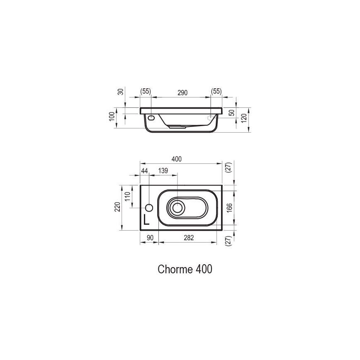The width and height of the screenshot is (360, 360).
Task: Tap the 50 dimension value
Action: (232, 112)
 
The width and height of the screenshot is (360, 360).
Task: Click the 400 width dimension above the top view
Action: (177, 159)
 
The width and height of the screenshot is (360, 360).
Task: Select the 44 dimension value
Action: (144, 170)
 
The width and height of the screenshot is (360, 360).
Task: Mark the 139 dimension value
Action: (163, 170)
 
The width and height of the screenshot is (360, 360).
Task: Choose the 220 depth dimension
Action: (117, 207)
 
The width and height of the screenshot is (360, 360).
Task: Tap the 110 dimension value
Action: (128, 196)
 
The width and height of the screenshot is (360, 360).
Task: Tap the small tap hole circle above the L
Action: (150, 207)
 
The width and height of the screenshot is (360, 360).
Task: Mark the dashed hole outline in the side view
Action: (211, 118)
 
